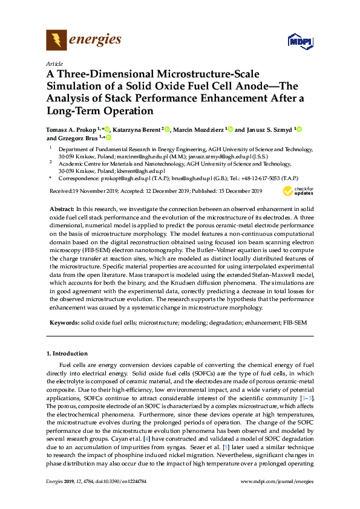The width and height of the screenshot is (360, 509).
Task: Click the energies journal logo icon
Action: tap(57, 41)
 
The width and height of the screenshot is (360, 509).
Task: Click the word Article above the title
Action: tap(53, 63)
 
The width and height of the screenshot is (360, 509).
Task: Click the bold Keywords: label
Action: tap(64, 323)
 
